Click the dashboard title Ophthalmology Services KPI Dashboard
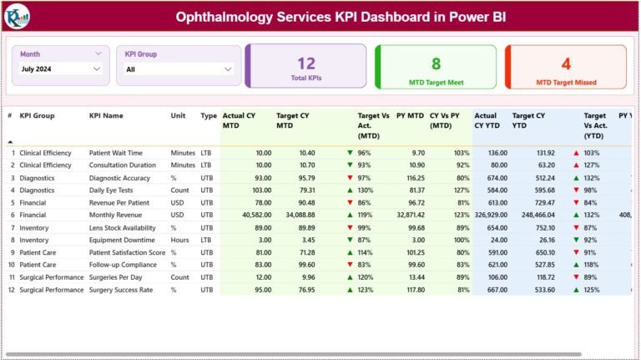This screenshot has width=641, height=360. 340,17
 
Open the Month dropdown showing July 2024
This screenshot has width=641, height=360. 61,69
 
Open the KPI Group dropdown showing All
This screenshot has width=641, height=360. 178,69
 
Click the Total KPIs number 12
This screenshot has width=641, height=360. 306,63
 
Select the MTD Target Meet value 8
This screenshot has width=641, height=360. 436,63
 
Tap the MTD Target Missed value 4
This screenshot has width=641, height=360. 566,63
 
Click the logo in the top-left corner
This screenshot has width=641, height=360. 17,15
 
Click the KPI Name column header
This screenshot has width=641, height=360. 106,116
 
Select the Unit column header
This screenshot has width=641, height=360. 178,116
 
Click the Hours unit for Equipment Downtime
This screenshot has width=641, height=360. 180,240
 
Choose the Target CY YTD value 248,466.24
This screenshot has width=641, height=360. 534,215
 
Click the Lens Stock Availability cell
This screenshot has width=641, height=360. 122,227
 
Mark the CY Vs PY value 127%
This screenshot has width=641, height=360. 461,190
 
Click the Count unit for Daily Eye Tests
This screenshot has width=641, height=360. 180,190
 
